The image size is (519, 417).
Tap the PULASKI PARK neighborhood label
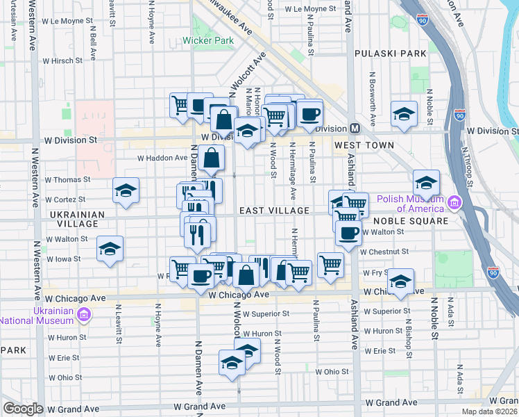tap(389, 54)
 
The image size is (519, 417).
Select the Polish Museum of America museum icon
tap(455, 203)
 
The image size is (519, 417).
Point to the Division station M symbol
tap(355, 129)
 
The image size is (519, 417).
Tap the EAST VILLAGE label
tap(274, 210)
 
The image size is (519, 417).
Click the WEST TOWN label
tap(364, 145)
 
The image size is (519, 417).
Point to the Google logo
tap(24, 409)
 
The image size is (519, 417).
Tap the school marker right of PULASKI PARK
tap(404, 113)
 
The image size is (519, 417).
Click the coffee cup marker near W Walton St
tap(348, 233)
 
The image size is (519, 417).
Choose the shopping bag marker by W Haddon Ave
tap(211, 157)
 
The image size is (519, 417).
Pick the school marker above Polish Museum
tap(427, 183)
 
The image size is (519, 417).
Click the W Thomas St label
tap(68, 179)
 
